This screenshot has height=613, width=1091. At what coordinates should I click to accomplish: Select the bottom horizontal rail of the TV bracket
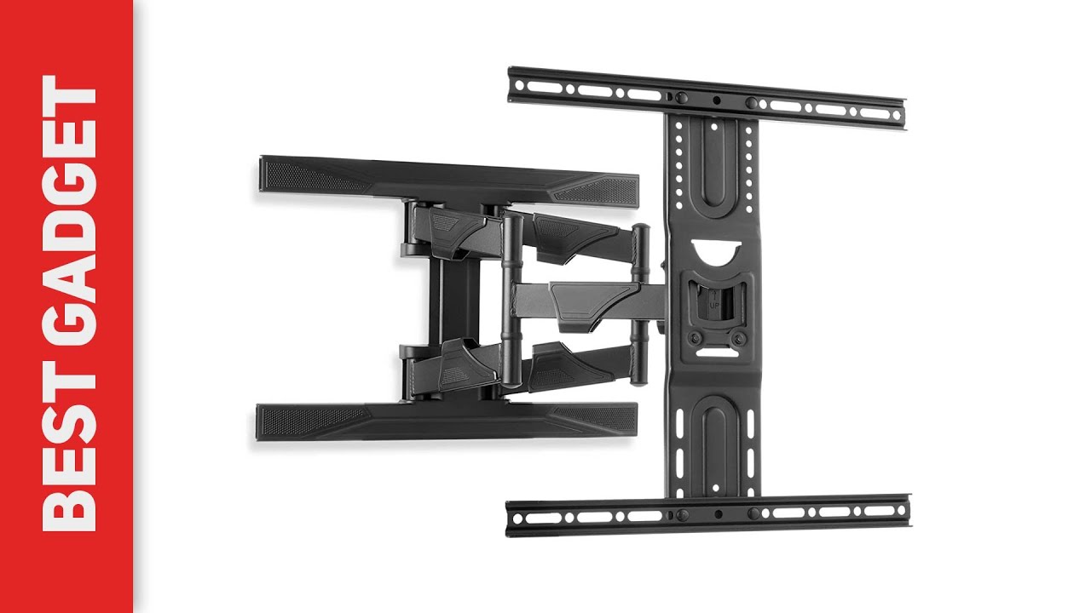(x=707, y=514)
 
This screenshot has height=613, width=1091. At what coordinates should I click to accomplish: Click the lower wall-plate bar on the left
(x=446, y=421)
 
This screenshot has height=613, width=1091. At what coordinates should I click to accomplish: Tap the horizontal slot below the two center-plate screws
(x=713, y=349)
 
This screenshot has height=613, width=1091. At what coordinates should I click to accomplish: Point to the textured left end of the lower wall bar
(x=294, y=418)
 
